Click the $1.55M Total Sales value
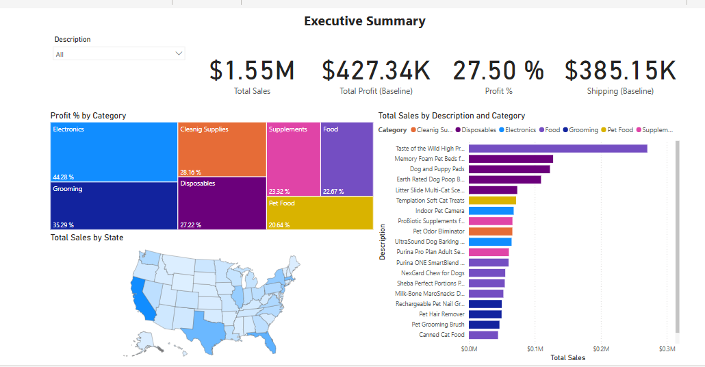click(x=252, y=71)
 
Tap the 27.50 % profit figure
click(x=498, y=71)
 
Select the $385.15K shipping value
click(x=620, y=71)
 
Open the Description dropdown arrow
click(x=179, y=53)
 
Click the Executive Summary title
click(x=364, y=21)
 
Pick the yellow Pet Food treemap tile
click(x=320, y=213)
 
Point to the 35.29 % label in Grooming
click(x=63, y=225)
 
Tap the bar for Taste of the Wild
click(x=558, y=149)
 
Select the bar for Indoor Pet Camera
click(x=491, y=211)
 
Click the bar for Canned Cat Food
click(x=483, y=335)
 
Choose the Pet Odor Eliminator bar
click(x=490, y=231)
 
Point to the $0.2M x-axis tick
click(x=600, y=349)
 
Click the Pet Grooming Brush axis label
click(x=437, y=325)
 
